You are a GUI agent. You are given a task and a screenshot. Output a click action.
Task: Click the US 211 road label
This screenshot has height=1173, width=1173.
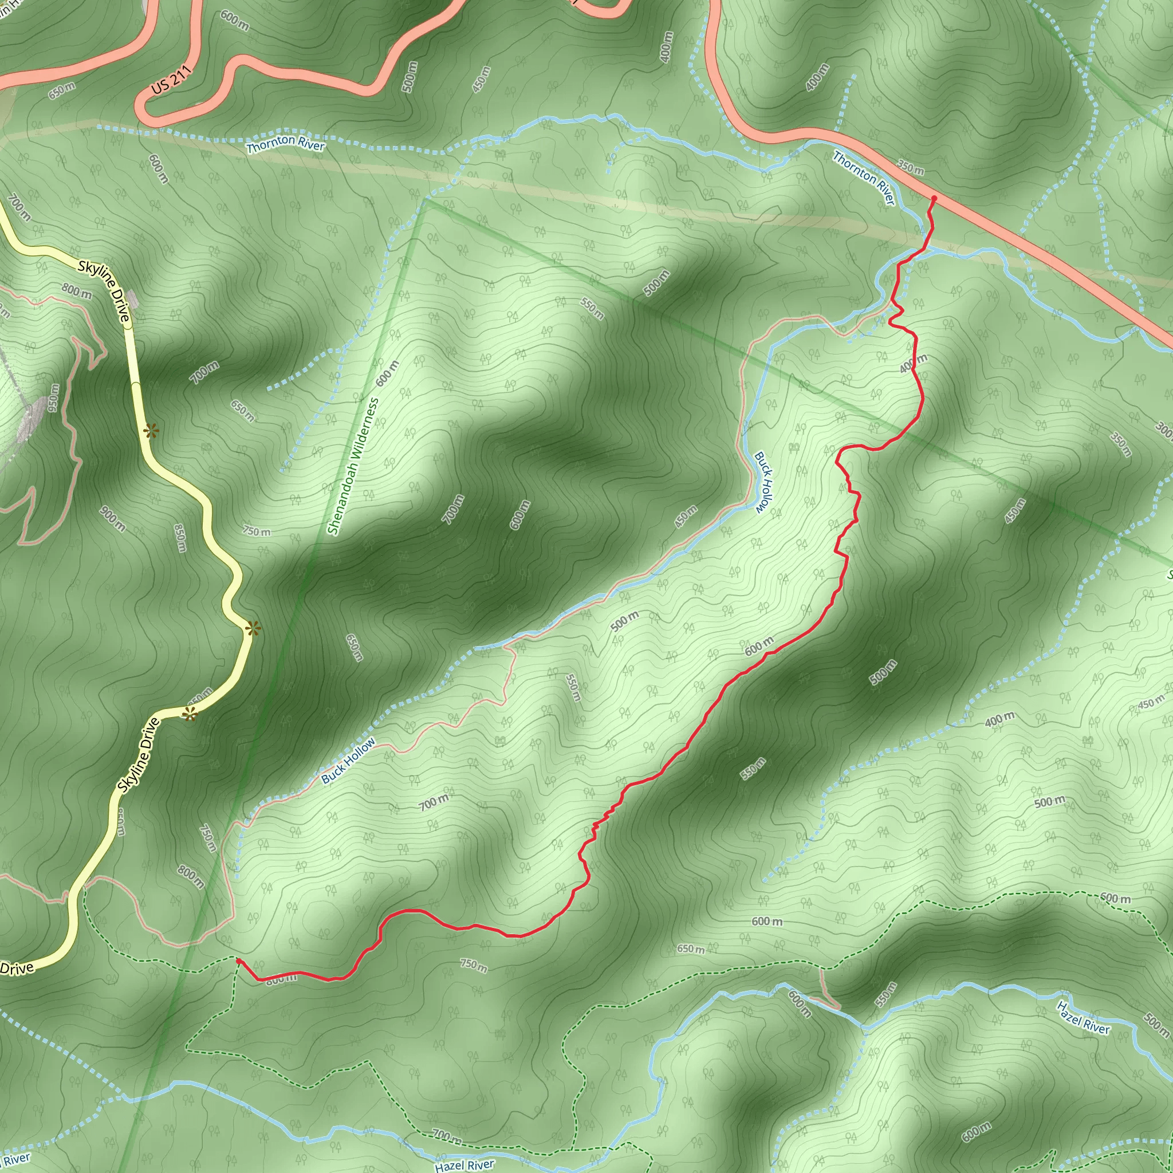click(x=172, y=80)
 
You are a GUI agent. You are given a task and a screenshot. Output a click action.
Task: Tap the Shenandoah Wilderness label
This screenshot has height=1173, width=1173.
click(x=353, y=466)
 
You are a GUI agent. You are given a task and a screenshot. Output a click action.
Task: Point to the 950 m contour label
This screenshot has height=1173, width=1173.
click(x=54, y=397)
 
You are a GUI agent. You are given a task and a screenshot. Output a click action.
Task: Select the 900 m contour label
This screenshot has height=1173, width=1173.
click(x=113, y=519)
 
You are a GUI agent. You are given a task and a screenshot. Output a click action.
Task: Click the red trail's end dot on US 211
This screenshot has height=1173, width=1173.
click(x=934, y=198)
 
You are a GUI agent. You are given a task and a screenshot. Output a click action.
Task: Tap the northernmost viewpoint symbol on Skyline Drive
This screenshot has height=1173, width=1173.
click(x=151, y=431)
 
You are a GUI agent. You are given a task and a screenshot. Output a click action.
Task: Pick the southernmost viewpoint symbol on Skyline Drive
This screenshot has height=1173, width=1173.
click(x=190, y=715)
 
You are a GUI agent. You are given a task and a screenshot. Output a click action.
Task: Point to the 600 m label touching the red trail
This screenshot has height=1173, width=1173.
click(x=759, y=646)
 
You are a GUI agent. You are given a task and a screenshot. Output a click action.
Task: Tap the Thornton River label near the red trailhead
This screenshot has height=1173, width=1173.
click(x=863, y=178)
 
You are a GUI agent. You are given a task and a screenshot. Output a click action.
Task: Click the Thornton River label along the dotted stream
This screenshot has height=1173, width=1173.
click(x=285, y=144)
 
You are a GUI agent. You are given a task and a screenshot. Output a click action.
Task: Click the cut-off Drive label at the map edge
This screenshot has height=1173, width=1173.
click(x=17, y=968)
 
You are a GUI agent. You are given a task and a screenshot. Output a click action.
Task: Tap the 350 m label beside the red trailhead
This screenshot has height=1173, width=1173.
click(x=911, y=168)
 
